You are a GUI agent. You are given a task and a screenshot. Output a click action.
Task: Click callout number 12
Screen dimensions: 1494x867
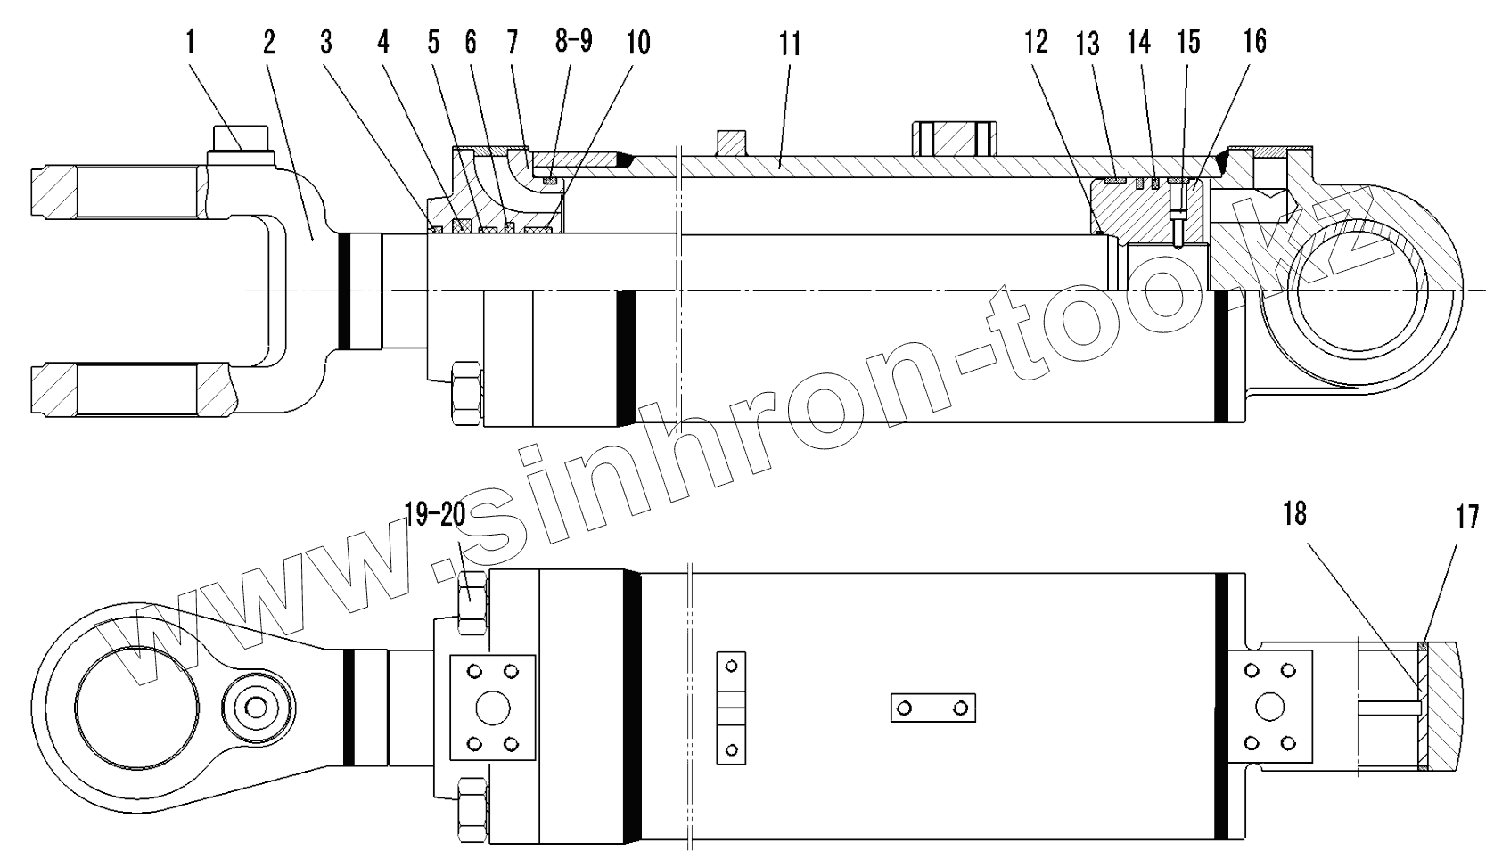click(x=1036, y=42)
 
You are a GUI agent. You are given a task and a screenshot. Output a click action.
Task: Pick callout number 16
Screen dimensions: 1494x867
click(x=1254, y=41)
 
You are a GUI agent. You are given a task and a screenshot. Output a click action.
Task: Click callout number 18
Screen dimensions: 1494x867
click(x=1294, y=515)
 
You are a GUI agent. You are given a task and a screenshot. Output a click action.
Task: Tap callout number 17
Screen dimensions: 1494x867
click(x=1467, y=516)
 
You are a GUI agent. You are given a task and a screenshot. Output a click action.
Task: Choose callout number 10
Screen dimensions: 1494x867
click(x=636, y=41)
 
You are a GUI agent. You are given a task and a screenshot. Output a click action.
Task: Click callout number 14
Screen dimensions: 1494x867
click(x=1138, y=42)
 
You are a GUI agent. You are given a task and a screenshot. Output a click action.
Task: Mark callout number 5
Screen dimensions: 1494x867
click(x=433, y=42)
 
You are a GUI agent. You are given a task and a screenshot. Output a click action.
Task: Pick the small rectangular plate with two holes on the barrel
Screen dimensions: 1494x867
click(x=932, y=708)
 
